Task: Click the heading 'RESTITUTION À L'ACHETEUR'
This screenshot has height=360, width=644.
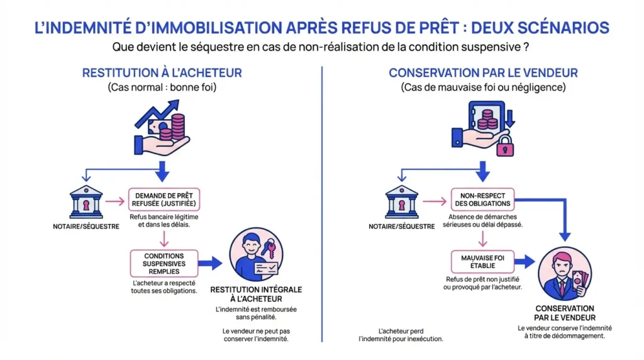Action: tap(162, 73)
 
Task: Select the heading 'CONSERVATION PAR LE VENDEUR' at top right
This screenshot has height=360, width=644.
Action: tap(483, 73)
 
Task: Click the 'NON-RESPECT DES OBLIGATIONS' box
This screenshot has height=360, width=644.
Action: tap(482, 200)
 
